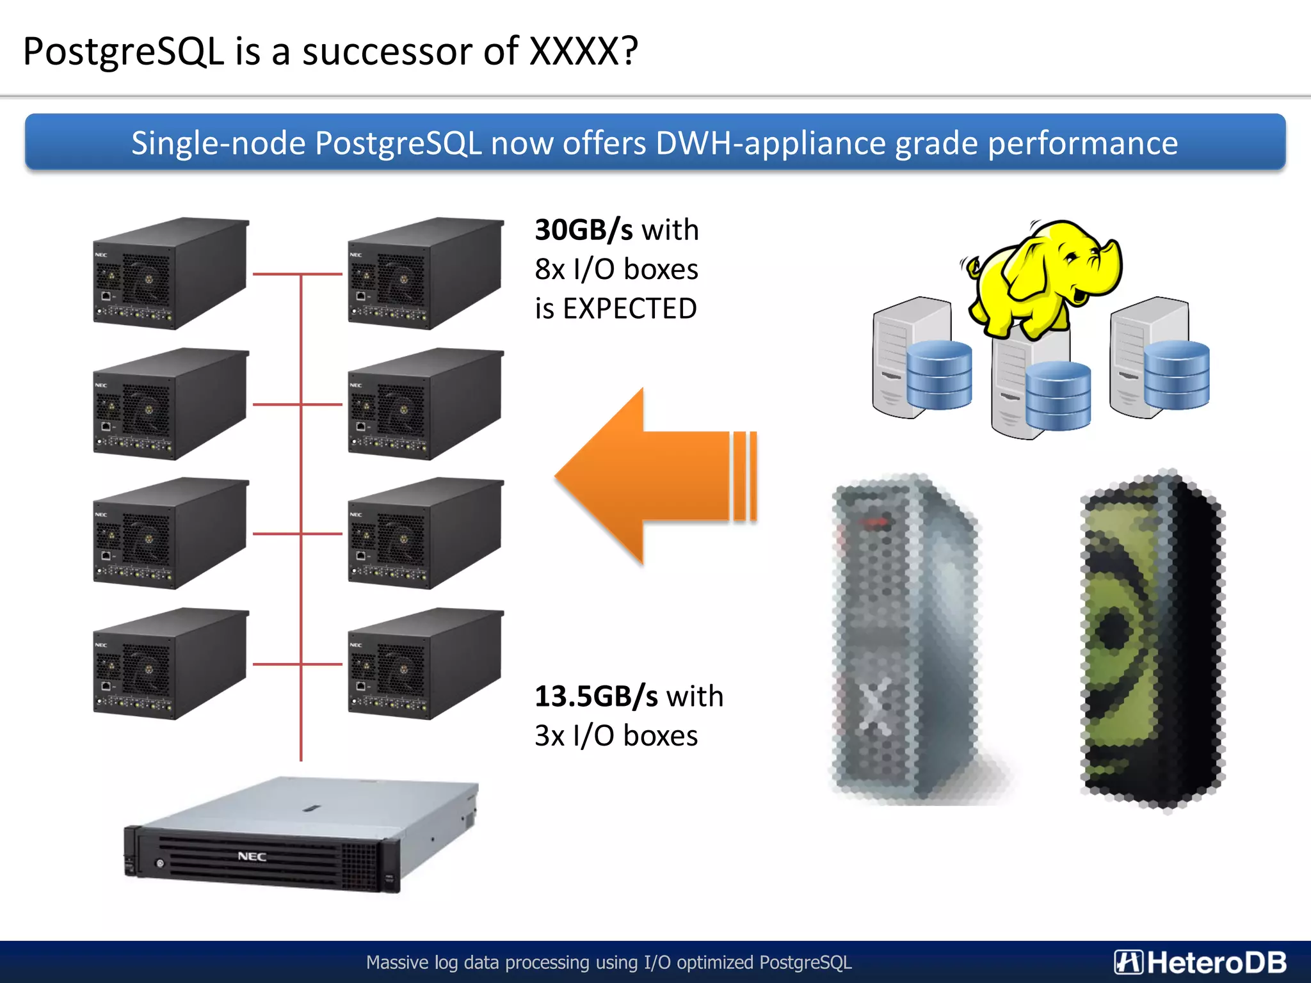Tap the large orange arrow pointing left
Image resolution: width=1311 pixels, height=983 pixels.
pyautogui.click(x=647, y=477)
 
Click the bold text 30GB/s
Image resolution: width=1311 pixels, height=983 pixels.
pyautogui.click(x=584, y=230)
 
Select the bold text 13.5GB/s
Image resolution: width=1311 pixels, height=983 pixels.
pyautogui.click(x=596, y=696)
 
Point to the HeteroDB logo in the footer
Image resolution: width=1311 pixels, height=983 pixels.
pyautogui.click(x=1200, y=962)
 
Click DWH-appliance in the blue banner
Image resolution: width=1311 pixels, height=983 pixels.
pyautogui.click(x=771, y=143)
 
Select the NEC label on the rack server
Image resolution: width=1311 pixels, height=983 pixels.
pyautogui.click(x=252, y=856)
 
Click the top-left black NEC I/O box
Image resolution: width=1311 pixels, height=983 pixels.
pyautogui.click(x=170, y=273)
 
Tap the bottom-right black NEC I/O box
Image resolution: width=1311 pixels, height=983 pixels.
pyautogui.click(x=425, y=664)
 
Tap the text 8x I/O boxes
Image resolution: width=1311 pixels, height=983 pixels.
pyautogui.click(x=616, y=269)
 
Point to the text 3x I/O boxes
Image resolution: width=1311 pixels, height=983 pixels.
pyautogui.click(x=616, y=736)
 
